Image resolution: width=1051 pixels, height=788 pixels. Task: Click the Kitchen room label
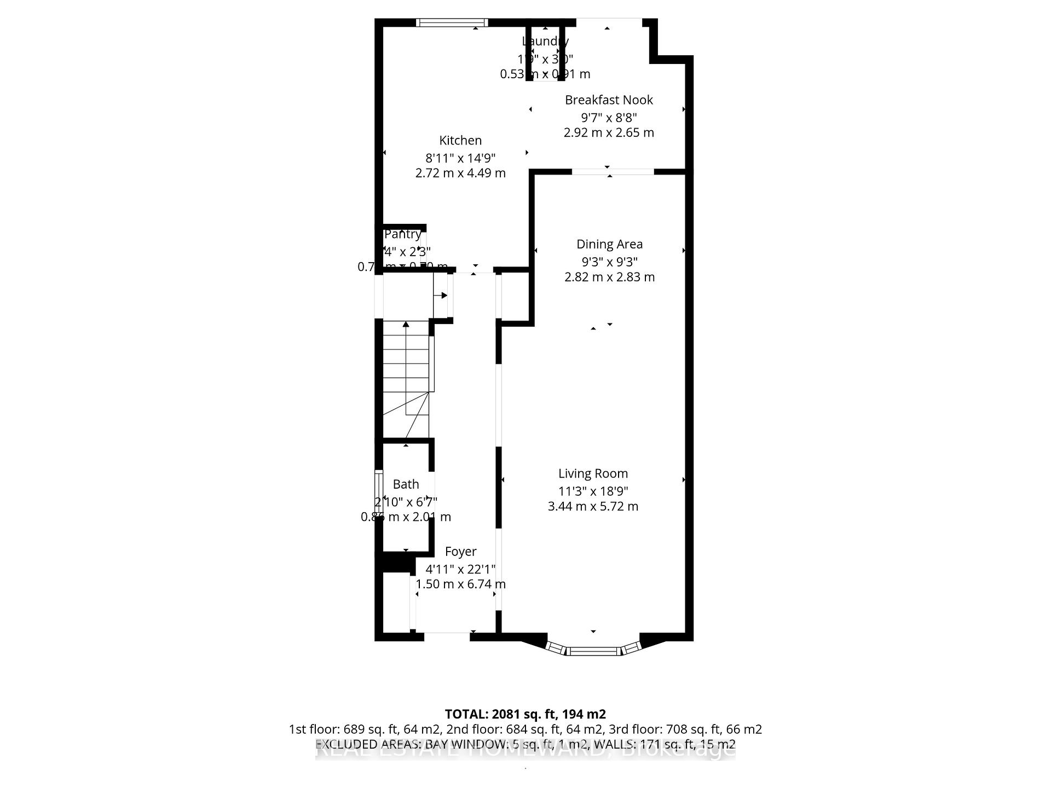tap(460, 141)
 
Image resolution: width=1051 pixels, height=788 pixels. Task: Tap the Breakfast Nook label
tap(609, 100)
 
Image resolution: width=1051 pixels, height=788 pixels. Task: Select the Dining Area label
tap(609, 245)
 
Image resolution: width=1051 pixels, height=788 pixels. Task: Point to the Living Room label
tap(593, 474)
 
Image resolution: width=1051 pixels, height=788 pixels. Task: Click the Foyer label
tap(460, 552)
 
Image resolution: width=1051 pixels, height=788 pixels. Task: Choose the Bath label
tap(406, 484)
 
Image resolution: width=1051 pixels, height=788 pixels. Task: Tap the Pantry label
tap(402, 234)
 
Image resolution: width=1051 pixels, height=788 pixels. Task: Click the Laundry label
tap(545, 42)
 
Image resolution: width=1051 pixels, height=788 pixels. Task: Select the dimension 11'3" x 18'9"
tap(593, 491)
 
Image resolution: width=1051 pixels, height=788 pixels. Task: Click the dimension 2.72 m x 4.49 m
tap(460, 173)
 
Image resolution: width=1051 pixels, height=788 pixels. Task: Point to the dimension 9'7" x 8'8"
tap(609, 118)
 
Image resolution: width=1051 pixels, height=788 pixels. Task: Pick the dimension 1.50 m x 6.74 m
tap(460, 584)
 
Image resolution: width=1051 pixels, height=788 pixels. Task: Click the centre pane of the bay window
tap(594, 651)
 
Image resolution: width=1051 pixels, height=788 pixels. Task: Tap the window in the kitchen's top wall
tap(452, 22)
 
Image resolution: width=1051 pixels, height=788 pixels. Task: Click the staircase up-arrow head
tap(406, 325)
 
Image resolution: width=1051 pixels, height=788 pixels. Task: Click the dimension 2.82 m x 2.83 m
tap(609, 277)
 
